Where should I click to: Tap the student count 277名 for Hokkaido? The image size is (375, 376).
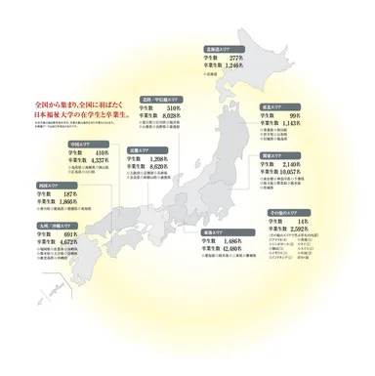[235, 57]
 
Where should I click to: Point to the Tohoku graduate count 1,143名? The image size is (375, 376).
[293, 124]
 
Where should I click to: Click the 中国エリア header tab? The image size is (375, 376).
[78, 143]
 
